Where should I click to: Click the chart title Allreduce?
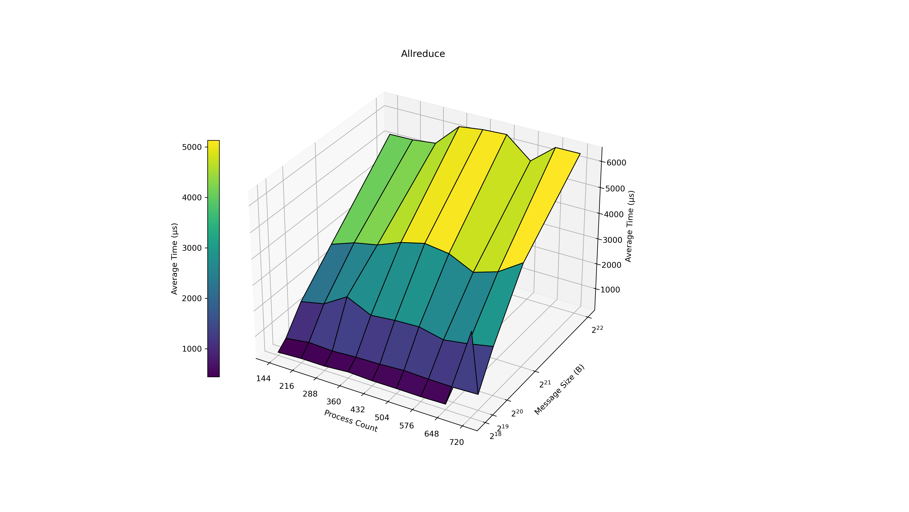point(423,54)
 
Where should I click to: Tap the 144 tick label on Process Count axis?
point(263,379)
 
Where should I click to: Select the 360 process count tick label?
point(333,402)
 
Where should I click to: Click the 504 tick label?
point(382,418)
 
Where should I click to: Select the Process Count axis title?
point(351,421)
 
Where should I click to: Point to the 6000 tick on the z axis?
point(616,163)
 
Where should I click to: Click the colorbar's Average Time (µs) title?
point(174,259)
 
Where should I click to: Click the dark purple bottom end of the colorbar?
point(213,375)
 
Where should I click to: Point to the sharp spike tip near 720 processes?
point(471,331)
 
